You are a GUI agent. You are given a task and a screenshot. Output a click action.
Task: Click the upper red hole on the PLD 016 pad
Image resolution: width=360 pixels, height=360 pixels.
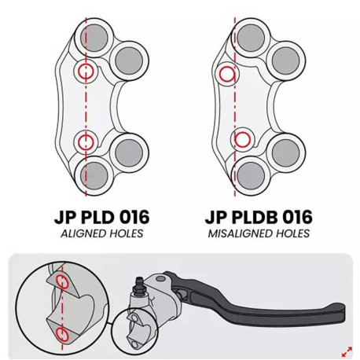point(86,71)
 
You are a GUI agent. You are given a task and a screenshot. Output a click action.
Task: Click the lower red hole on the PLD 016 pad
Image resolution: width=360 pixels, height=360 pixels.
point(86,142)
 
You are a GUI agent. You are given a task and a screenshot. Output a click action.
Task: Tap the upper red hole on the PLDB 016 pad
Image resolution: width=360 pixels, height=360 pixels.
point(227,74)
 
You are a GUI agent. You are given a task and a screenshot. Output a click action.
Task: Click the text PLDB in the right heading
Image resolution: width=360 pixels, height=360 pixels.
point(252,217)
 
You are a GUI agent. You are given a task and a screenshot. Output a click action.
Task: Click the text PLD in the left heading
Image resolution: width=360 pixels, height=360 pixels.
point(95,217)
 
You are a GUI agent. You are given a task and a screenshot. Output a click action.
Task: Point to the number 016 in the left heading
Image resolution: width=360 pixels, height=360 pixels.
point(133,217)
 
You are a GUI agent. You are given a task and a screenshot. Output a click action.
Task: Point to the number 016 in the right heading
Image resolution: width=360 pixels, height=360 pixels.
point(296,217)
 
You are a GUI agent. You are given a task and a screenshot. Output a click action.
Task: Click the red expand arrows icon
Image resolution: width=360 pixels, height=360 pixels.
point(347,351)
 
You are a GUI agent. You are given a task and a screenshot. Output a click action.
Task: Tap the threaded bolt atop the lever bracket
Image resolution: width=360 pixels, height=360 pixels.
point(138,286)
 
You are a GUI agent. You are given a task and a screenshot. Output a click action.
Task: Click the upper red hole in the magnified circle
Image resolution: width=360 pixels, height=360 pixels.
point(63,282)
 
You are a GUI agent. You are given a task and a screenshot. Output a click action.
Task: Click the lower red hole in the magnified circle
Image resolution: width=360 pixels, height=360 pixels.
point(63,335)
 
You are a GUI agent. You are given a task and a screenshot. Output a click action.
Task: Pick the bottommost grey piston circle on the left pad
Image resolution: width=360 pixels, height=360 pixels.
point(94,175)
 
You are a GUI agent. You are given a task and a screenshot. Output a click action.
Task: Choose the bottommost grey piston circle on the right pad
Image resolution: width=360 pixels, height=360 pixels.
point(251,175)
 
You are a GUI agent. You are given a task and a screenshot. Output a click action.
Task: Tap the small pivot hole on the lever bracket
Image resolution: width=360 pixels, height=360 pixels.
point(161,278)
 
